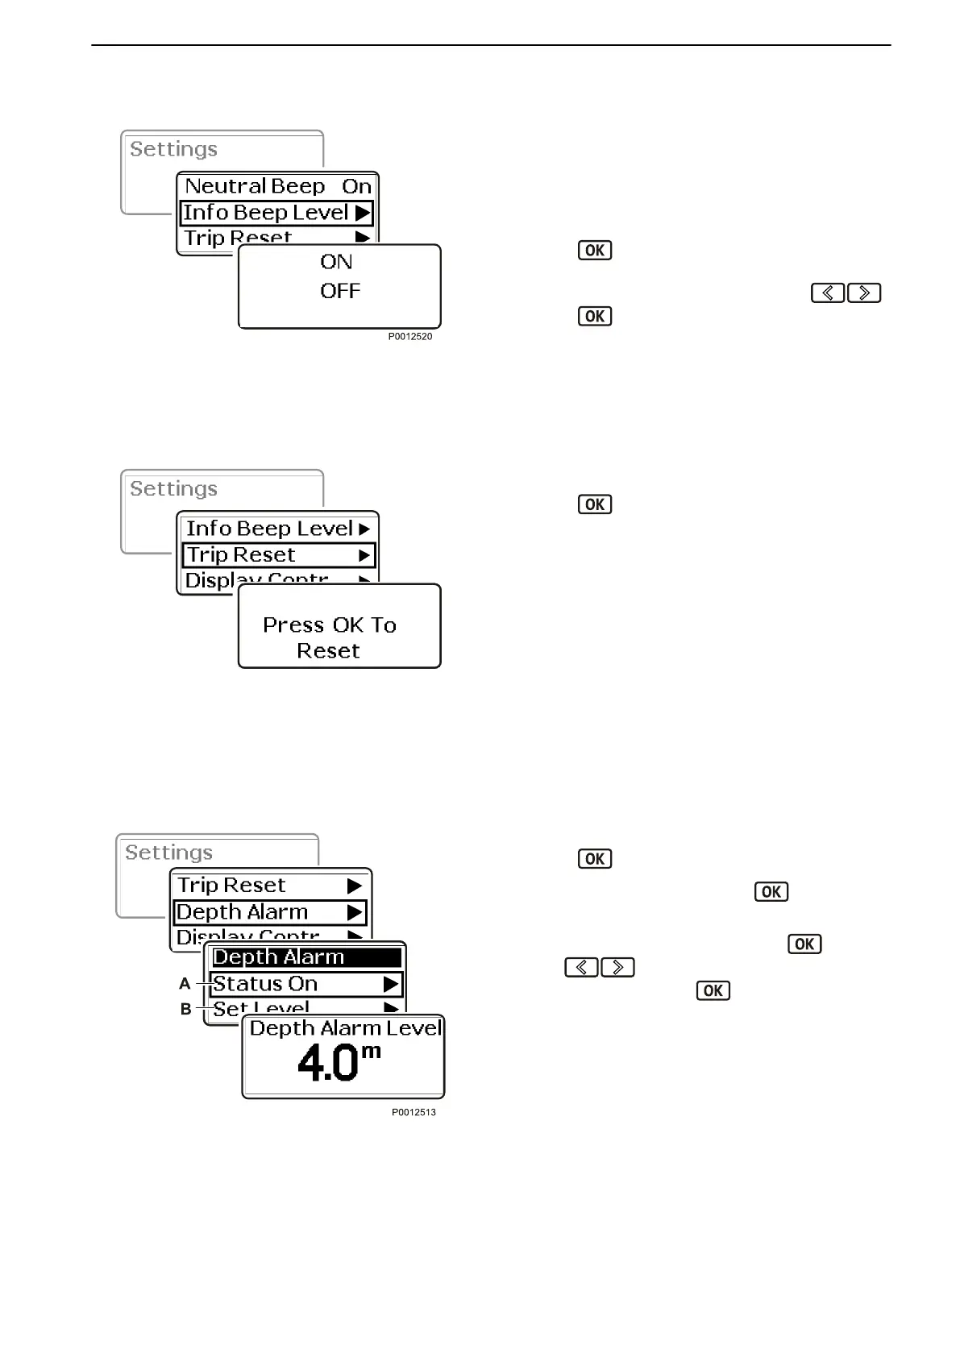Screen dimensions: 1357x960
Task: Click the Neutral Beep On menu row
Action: [277, 186]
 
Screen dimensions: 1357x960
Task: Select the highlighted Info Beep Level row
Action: [276, 213]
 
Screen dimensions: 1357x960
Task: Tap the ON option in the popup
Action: [336, 262]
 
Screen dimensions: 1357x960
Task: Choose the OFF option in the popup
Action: [339, 291]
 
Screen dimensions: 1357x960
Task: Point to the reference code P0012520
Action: [410, 337]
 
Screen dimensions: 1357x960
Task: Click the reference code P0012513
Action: [414, 1112]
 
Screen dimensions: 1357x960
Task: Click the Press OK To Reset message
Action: [330, 637]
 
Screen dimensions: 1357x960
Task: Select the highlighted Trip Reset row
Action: [278, 555]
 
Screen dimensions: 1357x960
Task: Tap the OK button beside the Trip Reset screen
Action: [595, 504]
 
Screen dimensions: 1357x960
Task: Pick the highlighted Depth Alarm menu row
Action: [270, 912]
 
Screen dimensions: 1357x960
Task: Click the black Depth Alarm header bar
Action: [305, 957]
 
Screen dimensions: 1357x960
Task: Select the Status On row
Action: [305, 984]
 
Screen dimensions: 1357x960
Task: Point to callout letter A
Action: [185, 984]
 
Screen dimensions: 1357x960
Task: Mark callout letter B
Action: [185, 1009]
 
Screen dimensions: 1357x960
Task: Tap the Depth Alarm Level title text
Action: [345, 1028]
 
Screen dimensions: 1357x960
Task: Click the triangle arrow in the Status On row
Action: [391, 984]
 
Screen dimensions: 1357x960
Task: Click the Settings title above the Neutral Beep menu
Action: [173, 149]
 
